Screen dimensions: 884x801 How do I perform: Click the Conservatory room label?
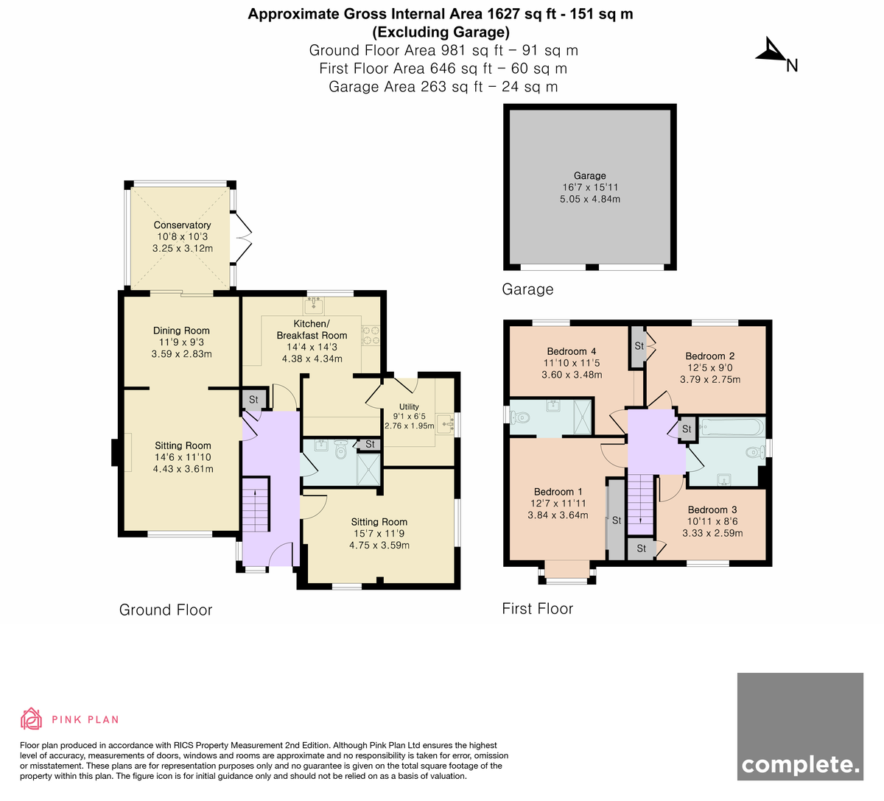click(182, 225)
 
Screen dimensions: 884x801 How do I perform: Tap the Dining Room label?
click(181, 331)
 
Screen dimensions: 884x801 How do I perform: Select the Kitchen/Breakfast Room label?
click(312, 330)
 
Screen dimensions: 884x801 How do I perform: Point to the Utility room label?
click(409, 406)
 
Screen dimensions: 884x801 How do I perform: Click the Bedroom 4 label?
click(571, 351)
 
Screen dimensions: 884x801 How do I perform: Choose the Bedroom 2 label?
click(710, 356)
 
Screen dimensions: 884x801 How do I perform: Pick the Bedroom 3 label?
click(712, 509)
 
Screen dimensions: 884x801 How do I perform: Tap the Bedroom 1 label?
click(558, 492)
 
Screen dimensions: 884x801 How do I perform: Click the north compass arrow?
click(771, 50)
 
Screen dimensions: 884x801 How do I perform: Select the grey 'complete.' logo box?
click(800, 727)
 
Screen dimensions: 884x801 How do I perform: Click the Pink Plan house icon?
click(31, 719)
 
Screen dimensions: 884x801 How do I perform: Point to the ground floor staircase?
click(256, 505)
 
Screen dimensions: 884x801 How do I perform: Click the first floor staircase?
click(640, 504)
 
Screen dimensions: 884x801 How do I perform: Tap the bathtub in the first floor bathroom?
click(732, 428)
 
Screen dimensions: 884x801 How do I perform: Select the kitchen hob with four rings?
click(371, 335)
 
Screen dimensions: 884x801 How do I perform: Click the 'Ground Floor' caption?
click(166, 610)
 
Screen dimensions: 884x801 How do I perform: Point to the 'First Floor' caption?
click(538, 608)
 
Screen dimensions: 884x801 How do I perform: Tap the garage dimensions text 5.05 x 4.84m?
click(590, 200)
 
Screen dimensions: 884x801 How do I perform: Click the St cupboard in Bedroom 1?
click(616, 521)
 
